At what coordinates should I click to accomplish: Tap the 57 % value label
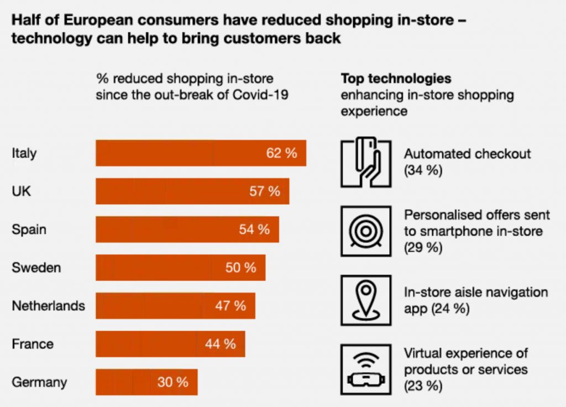pyautogui.click(x=265, y=191)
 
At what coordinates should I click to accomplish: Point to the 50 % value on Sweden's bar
pyautogui.click(x=240, y=268)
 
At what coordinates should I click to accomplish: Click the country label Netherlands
pyautogui.click(x=49, y=306)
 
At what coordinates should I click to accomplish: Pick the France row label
pyautogui.click(x=33, y=344)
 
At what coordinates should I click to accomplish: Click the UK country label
pyautogui.click(x=22, y=191)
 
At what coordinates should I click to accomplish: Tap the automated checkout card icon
pyautogui.click(x=366, y=161)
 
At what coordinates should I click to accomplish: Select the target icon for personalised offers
pyautogui.click(x=366, y=231)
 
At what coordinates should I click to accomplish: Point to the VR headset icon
pyautogui.click(x=366, y=369)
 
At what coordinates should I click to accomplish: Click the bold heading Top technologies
pyautogui.click(x=396, y=79)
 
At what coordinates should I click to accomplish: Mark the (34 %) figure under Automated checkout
pyautogui.click(x=423, y=170)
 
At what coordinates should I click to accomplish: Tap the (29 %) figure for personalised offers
pyautogui.click(x=423, y=247)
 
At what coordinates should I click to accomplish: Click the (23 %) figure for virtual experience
pyautogui.click(x=423, y=385)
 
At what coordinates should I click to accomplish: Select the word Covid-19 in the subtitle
pyautogui.click(x=260, y=95)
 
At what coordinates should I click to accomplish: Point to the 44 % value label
pyautogui.click(x=220, y=344)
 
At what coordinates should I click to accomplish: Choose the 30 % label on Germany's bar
pyautogui.click(x=172, y=382)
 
